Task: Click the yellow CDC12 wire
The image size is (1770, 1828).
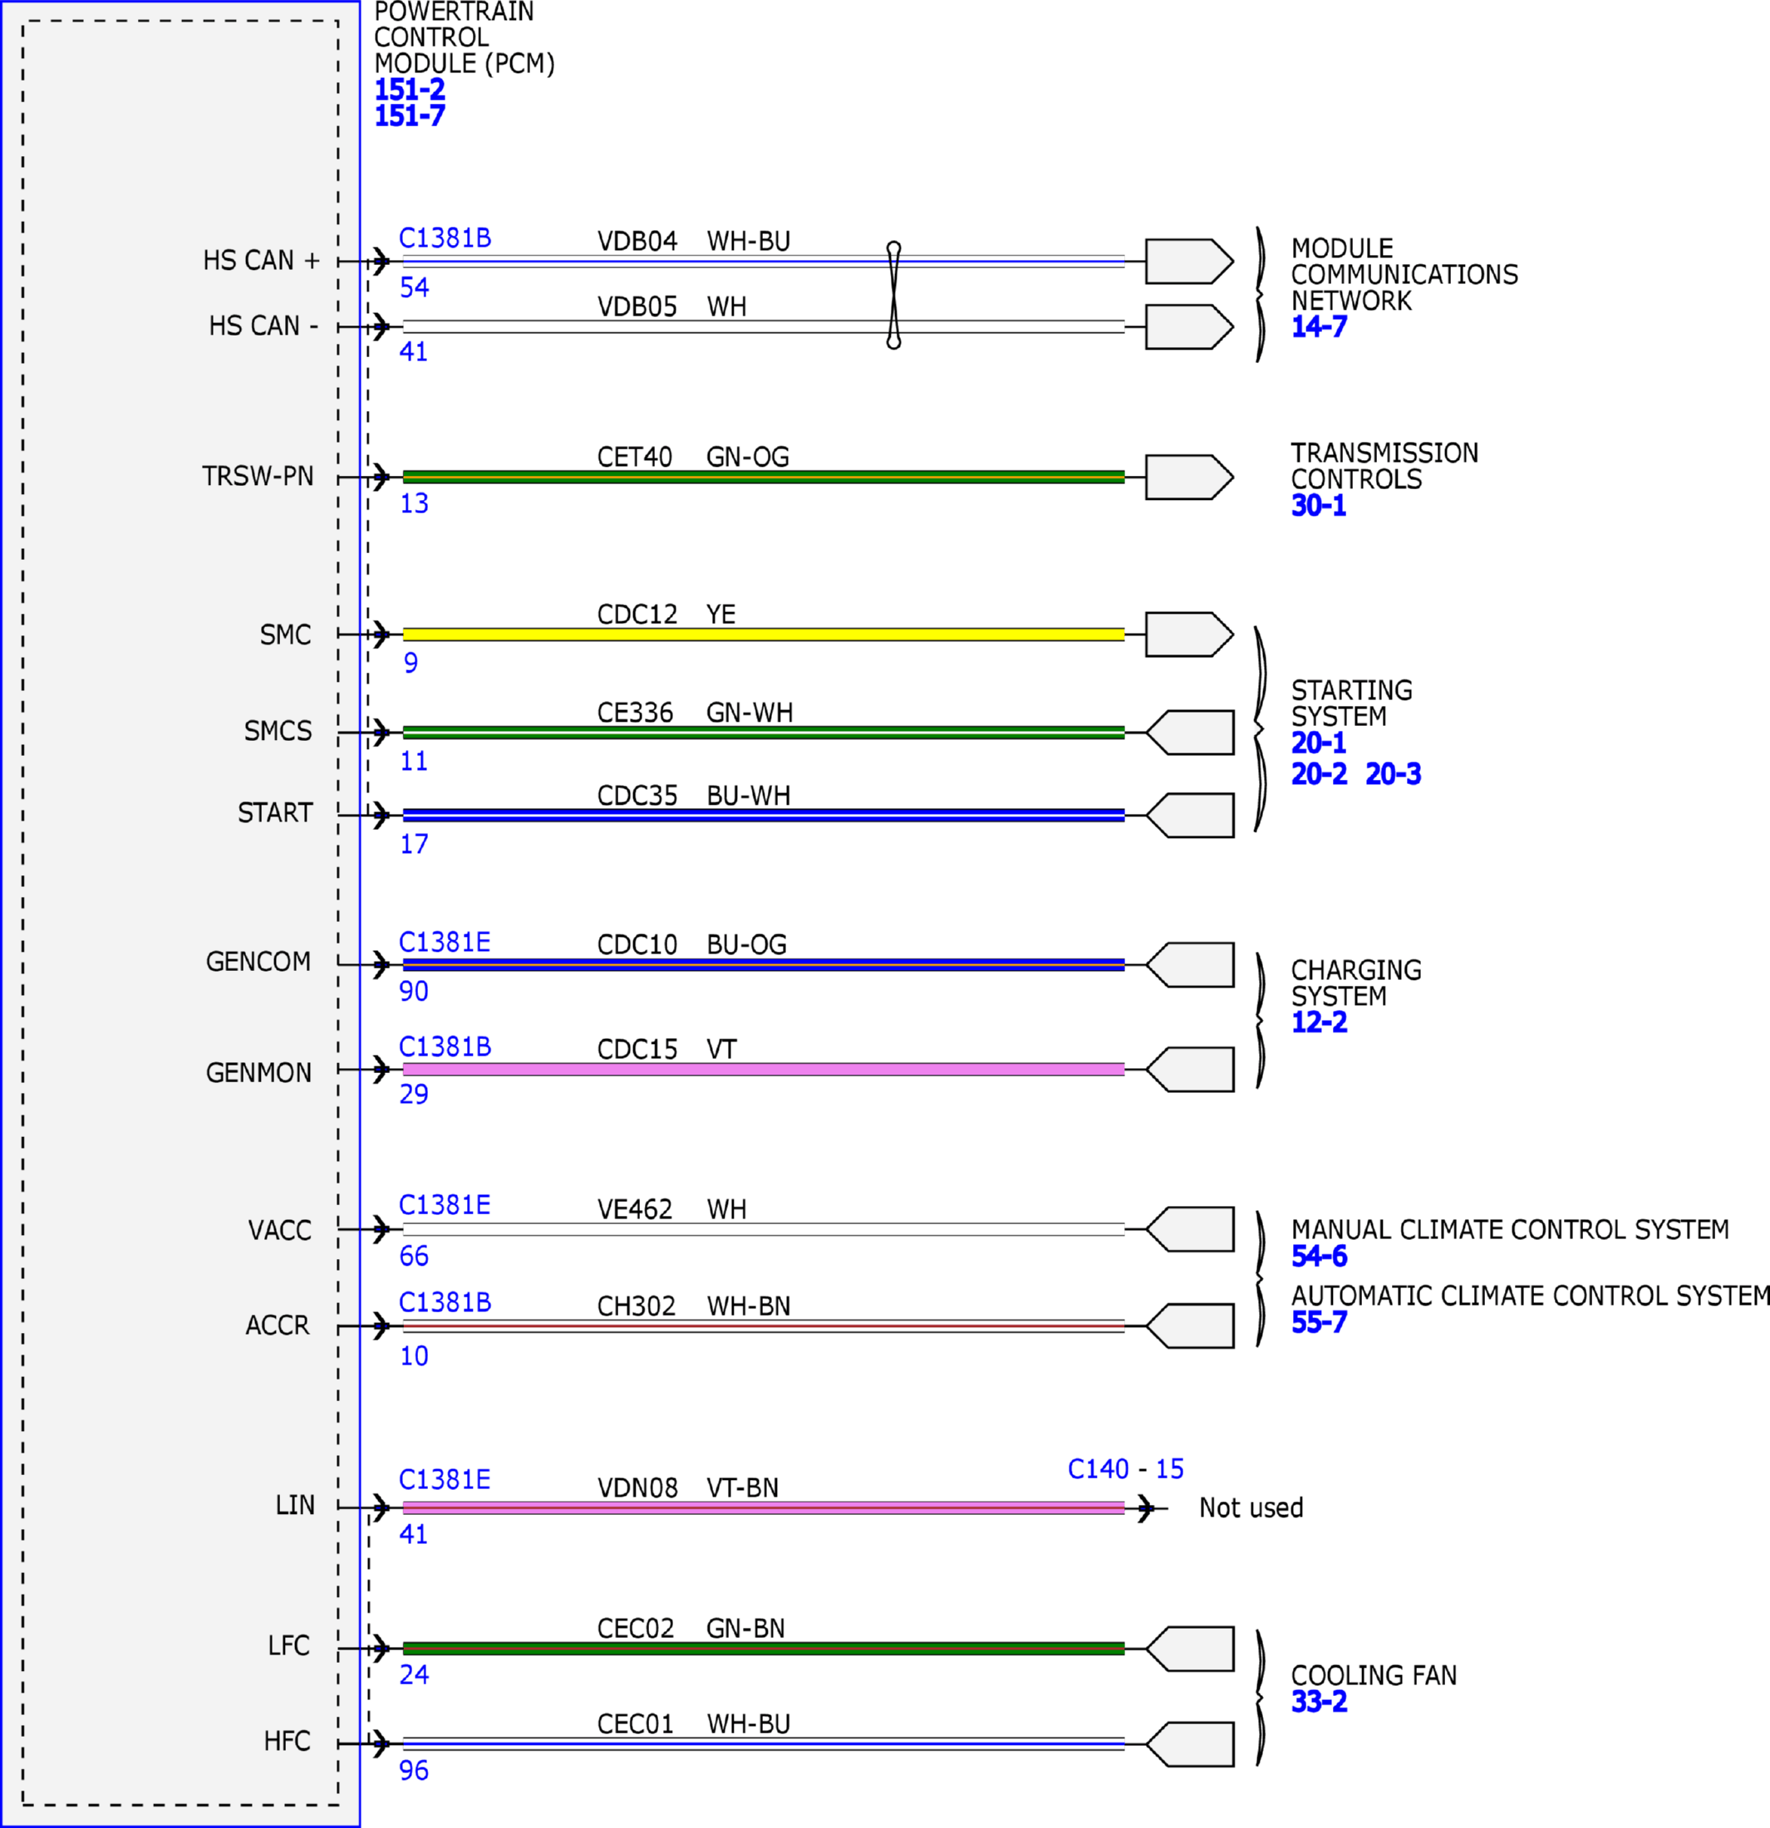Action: [763, 635]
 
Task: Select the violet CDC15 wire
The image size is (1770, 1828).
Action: [763, 1069]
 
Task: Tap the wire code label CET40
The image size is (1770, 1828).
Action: [635, 457]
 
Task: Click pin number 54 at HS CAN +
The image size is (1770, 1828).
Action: [415, 287]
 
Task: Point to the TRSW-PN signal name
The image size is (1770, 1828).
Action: [258, 477]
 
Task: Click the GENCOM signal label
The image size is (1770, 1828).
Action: [258, 962]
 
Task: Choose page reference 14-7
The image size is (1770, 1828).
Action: [1320, 326]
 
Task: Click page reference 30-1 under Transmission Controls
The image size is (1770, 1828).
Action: [1319, 506]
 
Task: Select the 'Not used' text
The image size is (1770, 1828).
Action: [1251, 1508]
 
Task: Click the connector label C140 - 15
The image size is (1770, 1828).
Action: [1125, 1470]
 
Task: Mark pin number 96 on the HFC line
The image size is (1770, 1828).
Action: [415, 1770]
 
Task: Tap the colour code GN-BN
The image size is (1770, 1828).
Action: [745, 1629]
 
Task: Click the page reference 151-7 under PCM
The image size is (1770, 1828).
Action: [410, 115]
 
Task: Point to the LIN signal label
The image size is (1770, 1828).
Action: [295, 1505]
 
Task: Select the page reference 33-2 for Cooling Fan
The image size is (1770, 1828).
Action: [1320, 1701]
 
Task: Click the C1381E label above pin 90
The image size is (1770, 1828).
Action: [445, 942]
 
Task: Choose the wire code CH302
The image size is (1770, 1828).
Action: [637, 1306]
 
